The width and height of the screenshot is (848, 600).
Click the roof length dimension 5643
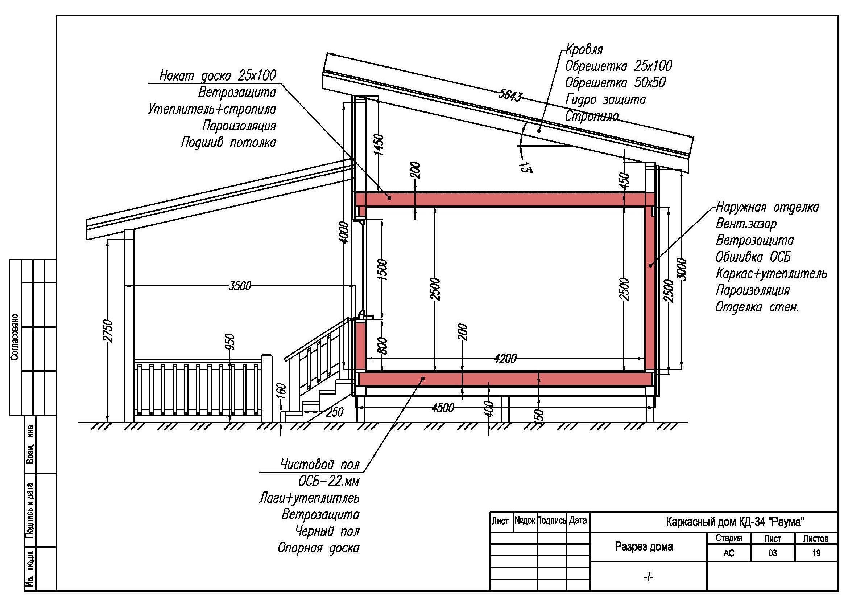pos(510,95)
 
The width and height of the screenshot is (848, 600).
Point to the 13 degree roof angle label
pos(525,167)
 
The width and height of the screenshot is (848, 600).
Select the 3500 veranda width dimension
pos(240,286)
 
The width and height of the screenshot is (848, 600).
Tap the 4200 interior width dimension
pos(505,358)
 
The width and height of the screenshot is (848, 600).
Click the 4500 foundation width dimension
pos(442,408)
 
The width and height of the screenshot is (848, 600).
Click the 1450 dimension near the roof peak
pos(379,145)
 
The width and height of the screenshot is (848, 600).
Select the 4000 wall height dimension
pos(344,233)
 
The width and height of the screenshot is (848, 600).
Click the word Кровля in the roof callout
pos(584,49)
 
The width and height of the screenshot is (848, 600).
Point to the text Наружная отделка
pos(767,207)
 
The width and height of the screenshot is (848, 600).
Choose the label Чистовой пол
pos(320,464)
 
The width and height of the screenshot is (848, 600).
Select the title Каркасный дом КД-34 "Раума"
pos(735,522)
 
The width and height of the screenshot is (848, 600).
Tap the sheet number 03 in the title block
pos(772,554)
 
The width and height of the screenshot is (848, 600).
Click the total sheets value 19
pos(816,554)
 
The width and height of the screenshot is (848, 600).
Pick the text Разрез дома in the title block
pos(644,546)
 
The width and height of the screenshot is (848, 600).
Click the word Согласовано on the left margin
pos(15,338)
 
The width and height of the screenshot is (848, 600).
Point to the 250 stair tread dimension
pos(335,412)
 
